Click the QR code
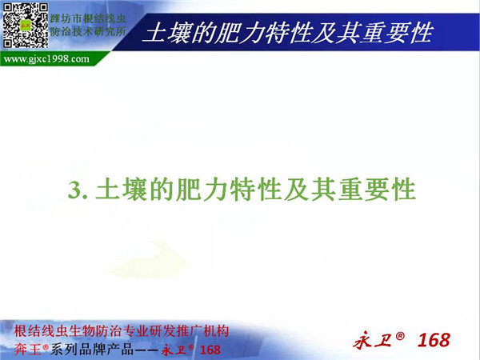click(26, 26)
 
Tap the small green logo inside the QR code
click(26, 25)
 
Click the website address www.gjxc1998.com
click(46, 58)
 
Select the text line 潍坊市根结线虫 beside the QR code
click(88, 18)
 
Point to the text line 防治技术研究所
click(88, 31)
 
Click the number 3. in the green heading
click(78, 190)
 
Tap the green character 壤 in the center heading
click(136, 190)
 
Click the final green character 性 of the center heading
click(402, 190)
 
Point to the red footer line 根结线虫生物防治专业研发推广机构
click(122, 331)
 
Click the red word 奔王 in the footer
click(27, 350)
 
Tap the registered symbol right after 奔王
click(46, 347)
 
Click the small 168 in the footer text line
click(210, 350)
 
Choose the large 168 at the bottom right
click(434, 340)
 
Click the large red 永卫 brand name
click(373, 341)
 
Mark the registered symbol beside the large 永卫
click(400, 336)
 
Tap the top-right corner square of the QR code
click(42, 9)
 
